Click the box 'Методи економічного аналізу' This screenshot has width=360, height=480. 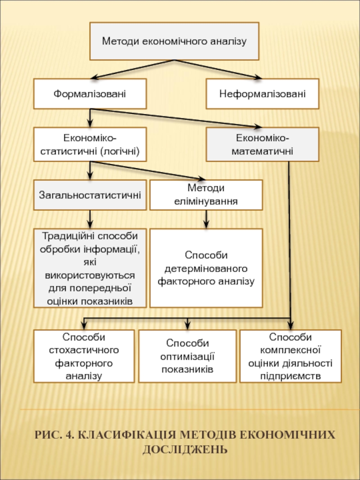tap(174, 41)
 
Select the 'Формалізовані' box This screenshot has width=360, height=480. tap(90, 94)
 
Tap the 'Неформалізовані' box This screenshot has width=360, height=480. tap(262, 94)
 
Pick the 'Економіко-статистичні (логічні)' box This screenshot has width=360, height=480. tap(90, 144)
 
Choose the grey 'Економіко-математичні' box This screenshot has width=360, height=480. tap(262, 144)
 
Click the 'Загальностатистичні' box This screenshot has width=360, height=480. tap(90, 195)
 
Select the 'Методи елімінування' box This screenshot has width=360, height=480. tap(206, 195)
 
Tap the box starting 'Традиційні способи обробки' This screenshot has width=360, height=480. tap(90, 268)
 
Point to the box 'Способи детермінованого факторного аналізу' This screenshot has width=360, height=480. tap(206, 268)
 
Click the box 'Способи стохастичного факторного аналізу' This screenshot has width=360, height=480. tap(84, 356)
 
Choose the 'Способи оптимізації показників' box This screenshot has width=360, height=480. tap(187, 356)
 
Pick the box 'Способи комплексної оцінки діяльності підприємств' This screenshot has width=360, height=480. tap(290, 356)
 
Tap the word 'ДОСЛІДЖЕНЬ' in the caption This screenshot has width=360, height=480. tap(185, 449)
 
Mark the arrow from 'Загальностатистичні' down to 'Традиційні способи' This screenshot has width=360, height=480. tap(90, 219)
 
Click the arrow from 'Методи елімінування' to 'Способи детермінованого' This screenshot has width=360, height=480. tap(206, 219)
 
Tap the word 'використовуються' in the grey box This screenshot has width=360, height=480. tap(90, 274)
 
